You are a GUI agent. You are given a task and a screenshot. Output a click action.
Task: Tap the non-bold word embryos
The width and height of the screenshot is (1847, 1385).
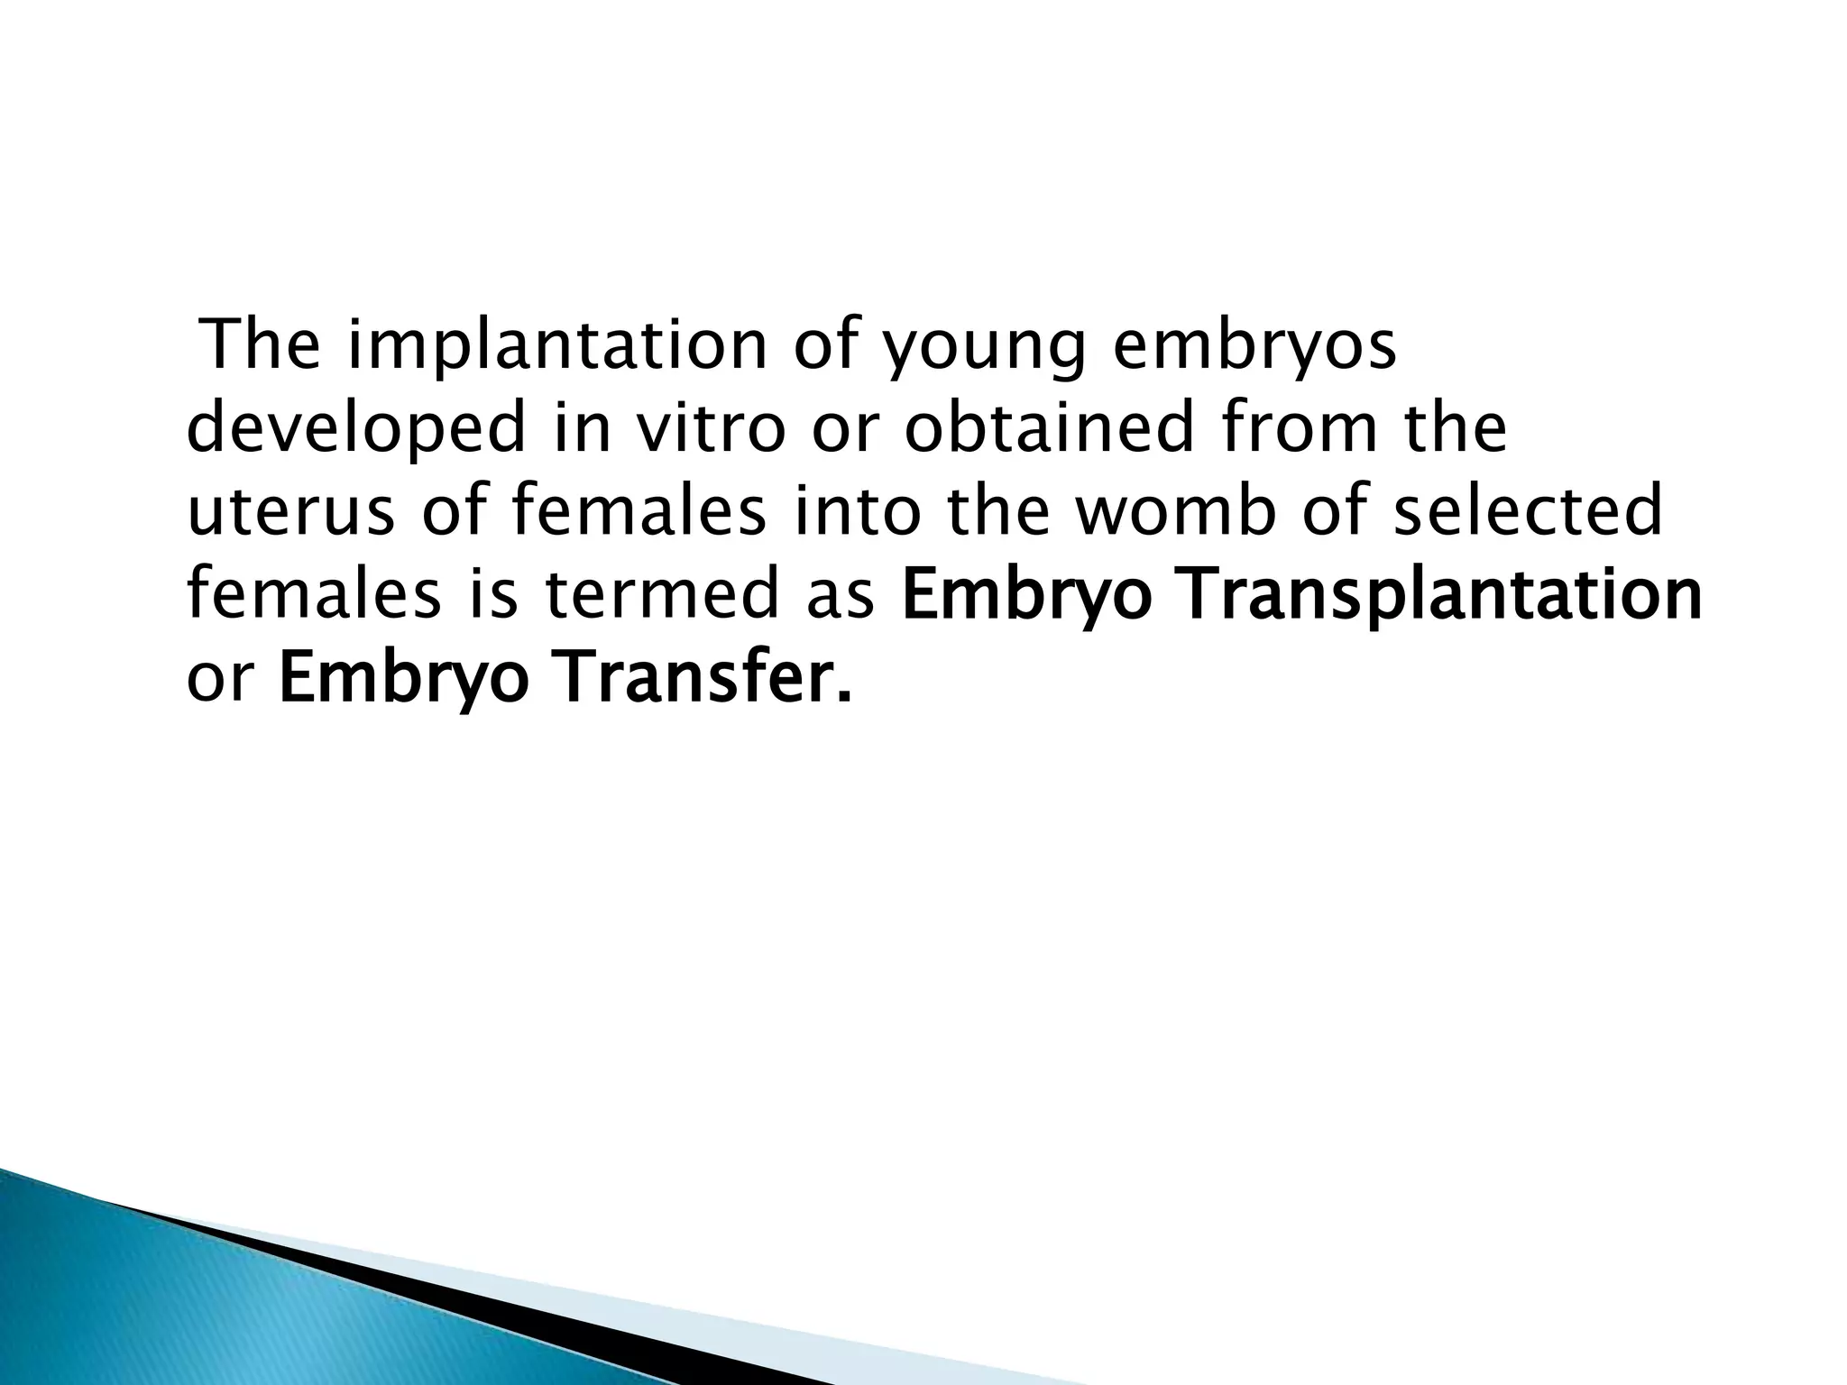(x=1254, y=347)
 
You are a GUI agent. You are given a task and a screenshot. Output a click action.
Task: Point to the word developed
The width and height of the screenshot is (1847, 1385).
(x=355, y=430)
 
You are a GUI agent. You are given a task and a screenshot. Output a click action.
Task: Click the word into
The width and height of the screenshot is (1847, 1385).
(x=858, y=510)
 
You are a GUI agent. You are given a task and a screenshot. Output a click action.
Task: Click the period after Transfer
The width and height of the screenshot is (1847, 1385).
(x=844, y=696)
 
